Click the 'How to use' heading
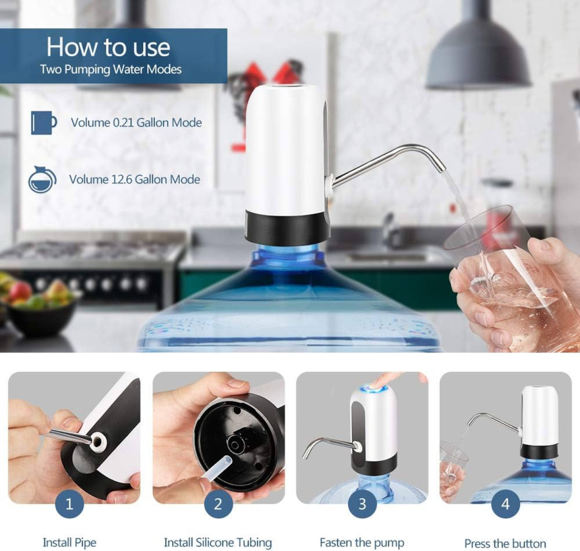coord(108,47)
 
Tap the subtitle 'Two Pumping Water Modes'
coord(111,70)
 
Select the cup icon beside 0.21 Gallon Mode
coord(44,122)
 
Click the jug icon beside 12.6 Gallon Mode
coord(42,179)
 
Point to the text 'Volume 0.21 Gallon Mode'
coord(137,123)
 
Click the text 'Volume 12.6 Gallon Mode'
coord(135,179)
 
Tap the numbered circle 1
coord(69,504)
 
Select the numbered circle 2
coord(218,504)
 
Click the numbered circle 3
coord(362,504)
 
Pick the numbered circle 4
coord(505,504)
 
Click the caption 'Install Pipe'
coord(70,543)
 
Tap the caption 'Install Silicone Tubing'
coord(218,543)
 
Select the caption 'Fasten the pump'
coord(362,543)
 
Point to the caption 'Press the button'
coord(505,544)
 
